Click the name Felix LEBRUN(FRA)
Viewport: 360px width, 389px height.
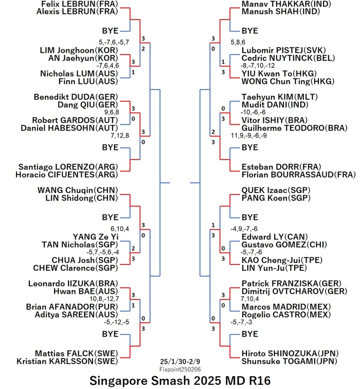pyautogui.click(x=80, y=4)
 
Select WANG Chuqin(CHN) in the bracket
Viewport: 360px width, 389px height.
pyautogui.click(x=78, y=190)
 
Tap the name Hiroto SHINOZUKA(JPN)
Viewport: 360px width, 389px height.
pyautogui.click(x=290, y=353)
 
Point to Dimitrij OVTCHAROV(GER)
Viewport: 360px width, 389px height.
pyautogui.click(x=294, y=291)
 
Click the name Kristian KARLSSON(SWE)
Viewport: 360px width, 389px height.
pyautogui.click(x=67, y=361)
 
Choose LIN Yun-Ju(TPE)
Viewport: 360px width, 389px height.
pyautogui.click(x=274, y=268)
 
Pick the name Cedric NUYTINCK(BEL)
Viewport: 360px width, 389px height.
pyautogui.click(x=288, y=58)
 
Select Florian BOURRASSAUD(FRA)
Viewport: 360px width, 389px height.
pyautogui.click(x=298, y=174)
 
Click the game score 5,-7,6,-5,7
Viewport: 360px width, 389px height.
pyautogui.click(x=114, y=42)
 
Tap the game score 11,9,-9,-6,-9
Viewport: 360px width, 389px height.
pyautogui.click(x=249, y=135)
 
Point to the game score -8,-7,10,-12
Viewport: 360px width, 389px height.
pyautogui.click(x=258, y=65)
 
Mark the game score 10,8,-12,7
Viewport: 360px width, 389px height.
pyautogui.click(x=104, y=298)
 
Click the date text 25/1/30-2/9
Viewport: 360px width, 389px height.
pyautogui.click(x=180, y=361)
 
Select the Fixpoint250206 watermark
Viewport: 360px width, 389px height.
pyautogui.click(x=180, y=369)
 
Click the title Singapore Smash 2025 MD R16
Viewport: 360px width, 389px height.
pyautogui.click(x=180, y=381)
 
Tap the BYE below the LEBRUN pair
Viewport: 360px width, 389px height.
pyautogui.click(x=111, y=31)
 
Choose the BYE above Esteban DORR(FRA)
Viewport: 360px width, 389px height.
pyautogui.click(x=250, y=147)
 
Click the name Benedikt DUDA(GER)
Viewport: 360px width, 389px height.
pyautogui.click(x=76, y=97)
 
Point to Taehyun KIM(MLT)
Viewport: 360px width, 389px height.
pyautogui.click(x=280, y=97)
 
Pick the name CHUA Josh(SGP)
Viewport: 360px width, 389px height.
pyautogui.click(x=85, y=260)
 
